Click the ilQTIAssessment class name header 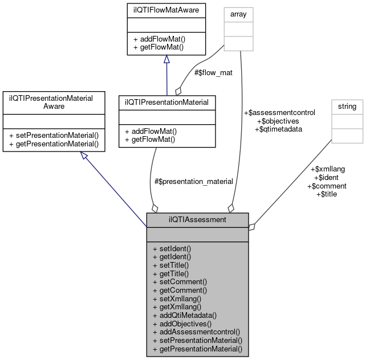(197, 219)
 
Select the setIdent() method (172, 249)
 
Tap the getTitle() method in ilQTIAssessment (170, 273)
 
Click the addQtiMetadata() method (184, 315)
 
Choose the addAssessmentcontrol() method (196, 332)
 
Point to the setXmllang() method (177, 298)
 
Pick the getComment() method (179, 290)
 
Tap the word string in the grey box (347, 106)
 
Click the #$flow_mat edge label (214, 73)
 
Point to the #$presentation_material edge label (193, 182)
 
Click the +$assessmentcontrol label (279, 113)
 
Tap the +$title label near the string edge (326, 194)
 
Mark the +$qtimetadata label (278, 129)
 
